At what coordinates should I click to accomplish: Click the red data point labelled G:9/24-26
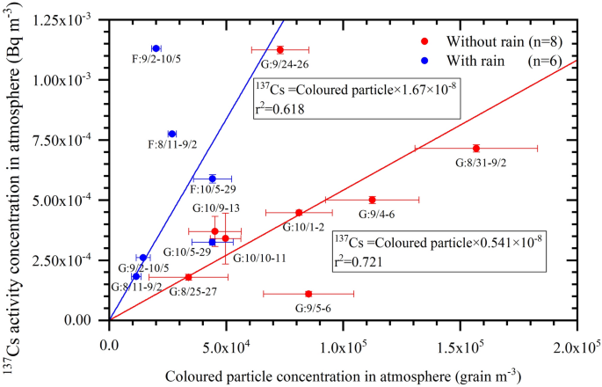click(x=279, y=49)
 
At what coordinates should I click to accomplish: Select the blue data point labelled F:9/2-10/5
click(x=156, y=48)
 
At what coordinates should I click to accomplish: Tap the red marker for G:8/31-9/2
click(x=475, y=148)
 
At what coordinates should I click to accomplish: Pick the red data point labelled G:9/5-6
click(x=308, y=294)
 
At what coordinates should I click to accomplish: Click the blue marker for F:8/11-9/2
click(x=172, y=134)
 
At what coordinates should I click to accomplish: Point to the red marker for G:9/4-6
click(x=372, y=200)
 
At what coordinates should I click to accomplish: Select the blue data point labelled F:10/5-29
click(x=212, y=179)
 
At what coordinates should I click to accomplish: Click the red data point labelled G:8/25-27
click(x=188, y=277)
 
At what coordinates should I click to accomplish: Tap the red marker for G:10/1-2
click(x=299, y=212)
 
